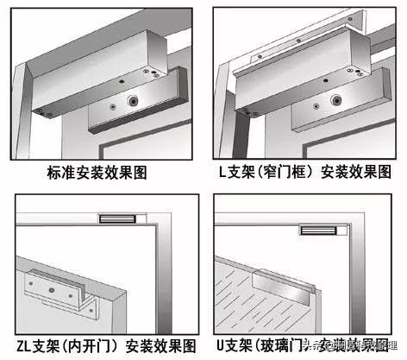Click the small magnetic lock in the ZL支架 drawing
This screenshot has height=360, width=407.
click(115, 220)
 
